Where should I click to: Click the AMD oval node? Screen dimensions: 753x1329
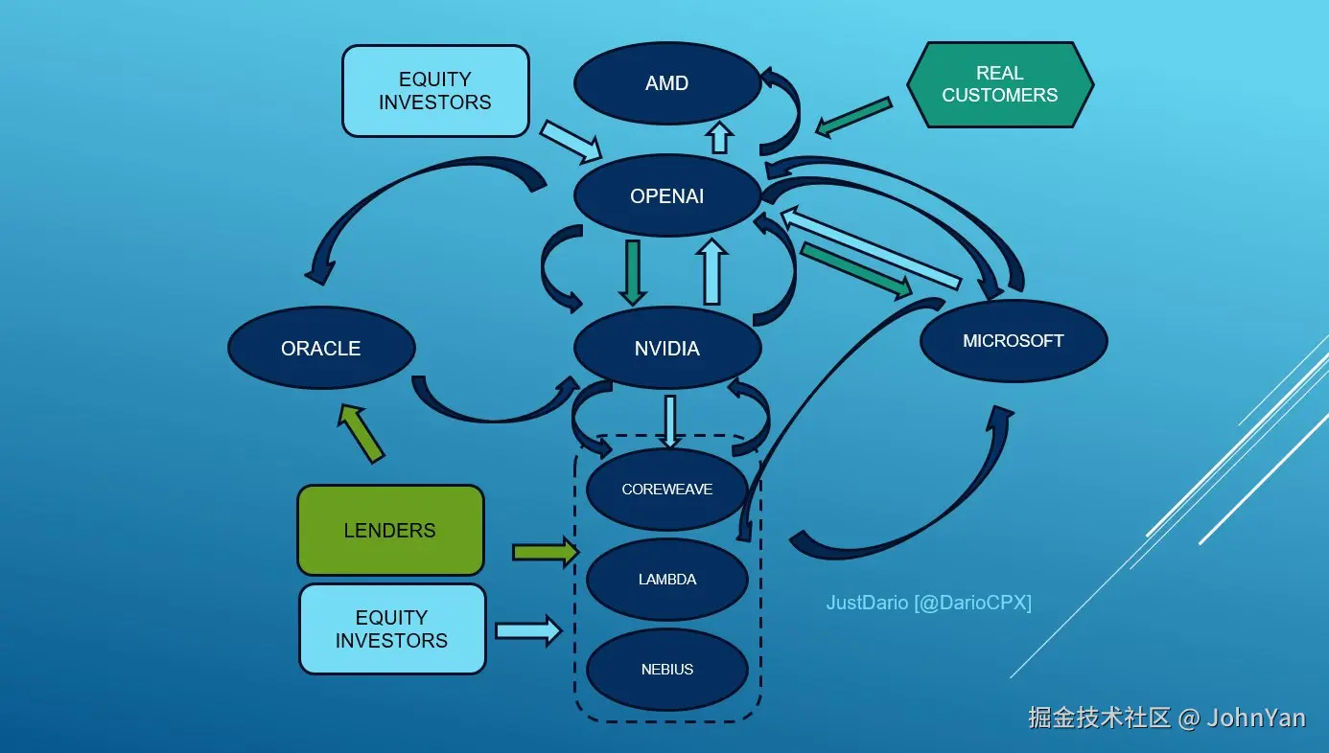click(x=667, y=83)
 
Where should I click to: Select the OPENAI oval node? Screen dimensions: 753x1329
click(x=667, y=196)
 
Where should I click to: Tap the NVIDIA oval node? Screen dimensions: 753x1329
click(x=667, y=349)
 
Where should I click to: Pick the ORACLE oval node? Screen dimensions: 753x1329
click(x=321, y=349)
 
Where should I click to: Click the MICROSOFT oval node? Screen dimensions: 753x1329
click(x=1014, y=341)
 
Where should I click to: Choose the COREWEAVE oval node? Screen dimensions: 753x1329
click(x=667, y=490)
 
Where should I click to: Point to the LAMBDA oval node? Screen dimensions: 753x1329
click(x=667, y=580)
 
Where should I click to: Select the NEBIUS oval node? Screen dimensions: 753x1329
click(x=667, y=670)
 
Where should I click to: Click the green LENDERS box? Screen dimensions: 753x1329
click(x=390, y=531)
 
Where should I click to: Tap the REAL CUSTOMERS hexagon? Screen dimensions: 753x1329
click(x=1000, y=84)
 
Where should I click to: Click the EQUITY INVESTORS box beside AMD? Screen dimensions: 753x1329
click(x=435, y=91)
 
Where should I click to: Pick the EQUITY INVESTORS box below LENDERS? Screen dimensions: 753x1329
click(x=392, y=629)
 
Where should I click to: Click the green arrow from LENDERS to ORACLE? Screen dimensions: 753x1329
click(x=361, y=434)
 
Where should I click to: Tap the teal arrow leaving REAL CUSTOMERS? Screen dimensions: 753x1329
click(x=853, y=116)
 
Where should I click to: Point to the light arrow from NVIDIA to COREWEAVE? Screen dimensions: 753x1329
click(x=669, y=420)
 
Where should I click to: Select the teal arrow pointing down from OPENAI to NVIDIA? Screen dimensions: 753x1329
click(x=633, y=271)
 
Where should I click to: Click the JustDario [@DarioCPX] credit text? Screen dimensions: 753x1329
click(x=928, y=604)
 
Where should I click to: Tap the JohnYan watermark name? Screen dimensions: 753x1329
click(x=1256, y=718)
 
